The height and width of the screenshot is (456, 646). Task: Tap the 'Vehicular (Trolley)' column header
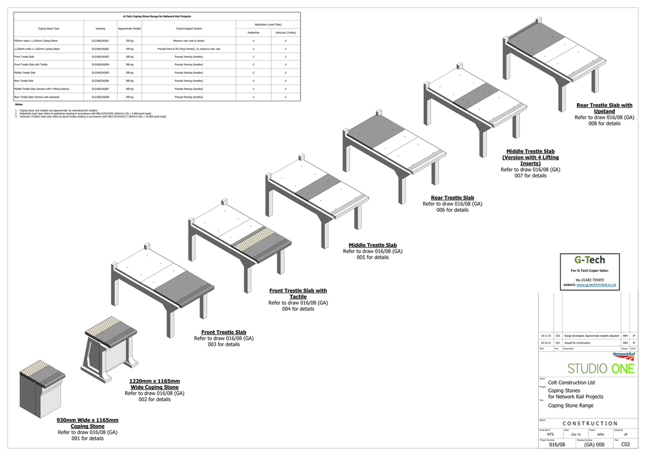coord(286,32)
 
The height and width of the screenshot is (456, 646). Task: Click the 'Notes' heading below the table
coord(19,104)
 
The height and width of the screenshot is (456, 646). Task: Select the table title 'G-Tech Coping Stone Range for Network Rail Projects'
coord(157,16)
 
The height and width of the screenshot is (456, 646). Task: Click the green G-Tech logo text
coord(590,260)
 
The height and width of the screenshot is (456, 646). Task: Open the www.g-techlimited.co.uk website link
coord(597,284)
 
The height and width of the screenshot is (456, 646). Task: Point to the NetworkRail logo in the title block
coord(623,355)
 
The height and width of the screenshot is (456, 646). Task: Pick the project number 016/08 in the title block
coord(557,444)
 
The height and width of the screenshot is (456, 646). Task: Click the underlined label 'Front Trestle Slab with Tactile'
coord(298,294)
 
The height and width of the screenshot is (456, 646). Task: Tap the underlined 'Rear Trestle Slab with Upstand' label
coord(604,109)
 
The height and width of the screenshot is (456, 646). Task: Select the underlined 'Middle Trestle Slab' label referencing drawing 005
coord(372,245)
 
